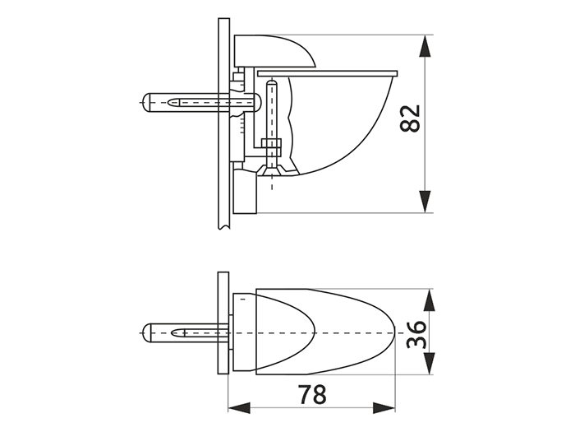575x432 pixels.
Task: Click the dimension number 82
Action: tap(410, 118)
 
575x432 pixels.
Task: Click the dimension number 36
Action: tap(417, 334)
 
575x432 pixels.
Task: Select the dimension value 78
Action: tap(312, 394)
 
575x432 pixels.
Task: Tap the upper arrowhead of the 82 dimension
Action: tap(425, 46)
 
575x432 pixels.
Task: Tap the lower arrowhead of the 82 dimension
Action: tap(425, 202)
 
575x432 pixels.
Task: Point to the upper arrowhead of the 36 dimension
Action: tap(429, 300)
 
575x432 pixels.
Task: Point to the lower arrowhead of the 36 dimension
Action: tap(429, 364)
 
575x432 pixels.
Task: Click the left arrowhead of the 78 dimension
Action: tap(239, 408)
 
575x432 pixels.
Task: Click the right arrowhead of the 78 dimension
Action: tap(384, 408)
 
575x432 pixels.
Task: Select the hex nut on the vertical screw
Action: tap(271, 146)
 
